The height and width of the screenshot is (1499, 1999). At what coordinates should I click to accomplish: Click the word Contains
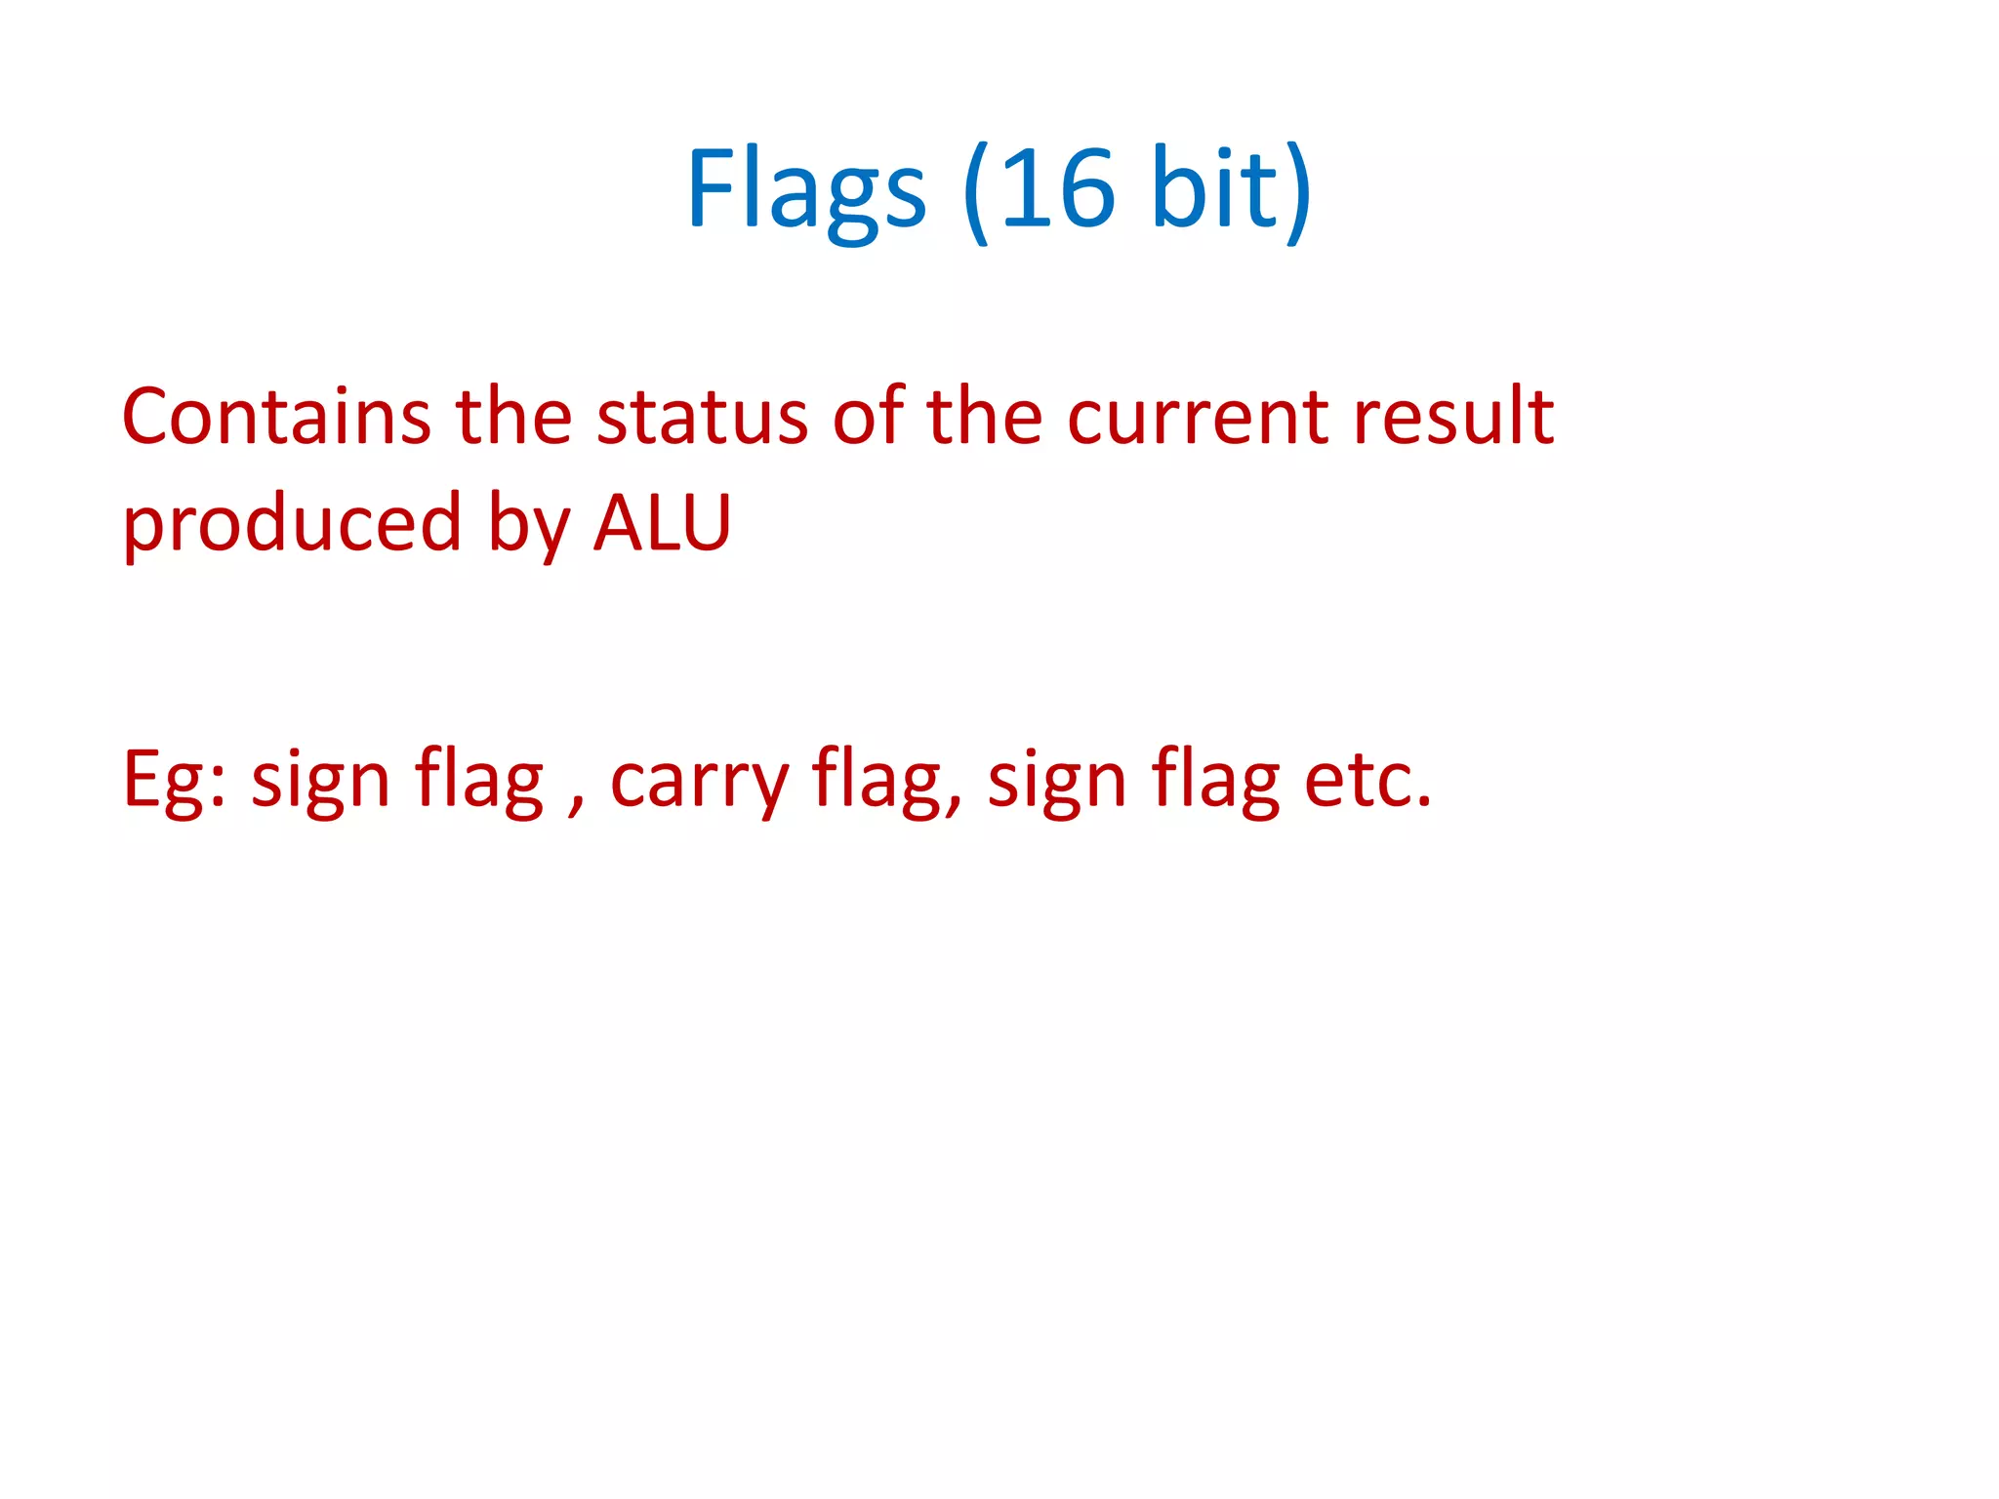click(x=276, y=417)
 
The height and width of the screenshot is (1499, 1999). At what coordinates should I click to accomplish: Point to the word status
click(x=702, y=417)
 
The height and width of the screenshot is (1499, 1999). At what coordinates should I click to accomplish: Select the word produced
click(x=292, y=524)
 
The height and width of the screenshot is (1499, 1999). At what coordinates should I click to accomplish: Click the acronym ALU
click(x=663, y=524)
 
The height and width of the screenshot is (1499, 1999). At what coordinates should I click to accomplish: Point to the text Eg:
click(x=174, y=781)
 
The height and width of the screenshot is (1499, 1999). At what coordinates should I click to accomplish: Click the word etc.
click(x=1368, y=781)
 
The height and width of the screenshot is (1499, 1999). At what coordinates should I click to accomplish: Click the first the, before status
click(x=513, y=417)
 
